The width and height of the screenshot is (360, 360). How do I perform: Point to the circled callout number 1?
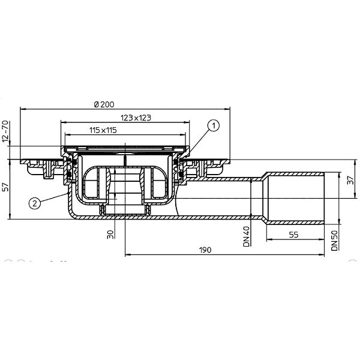[213, 125]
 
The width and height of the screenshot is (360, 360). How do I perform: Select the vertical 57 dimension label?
[6, 187]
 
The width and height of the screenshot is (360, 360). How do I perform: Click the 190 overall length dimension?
[205, 250]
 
